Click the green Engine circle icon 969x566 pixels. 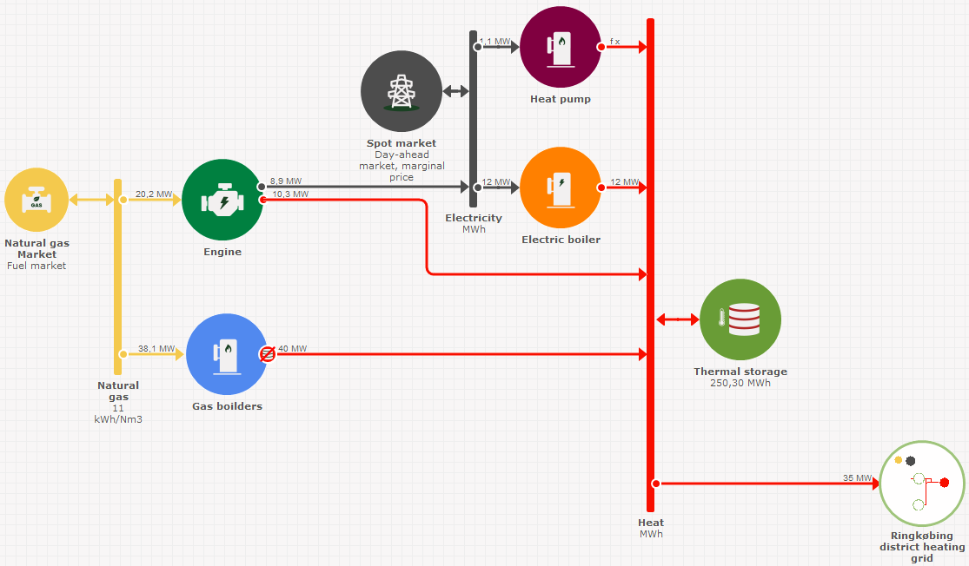(222, 201)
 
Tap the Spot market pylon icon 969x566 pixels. (402, 91)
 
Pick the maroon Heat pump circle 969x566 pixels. (561, 47)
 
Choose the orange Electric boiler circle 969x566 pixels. (561, 188)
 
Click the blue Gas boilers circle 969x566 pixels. (227, 354)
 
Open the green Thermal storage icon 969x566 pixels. (740, 319)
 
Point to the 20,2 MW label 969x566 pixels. (153, 194)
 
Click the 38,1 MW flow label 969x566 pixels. (156, 349)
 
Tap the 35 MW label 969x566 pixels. (857, 478)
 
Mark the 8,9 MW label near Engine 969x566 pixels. (286, 181)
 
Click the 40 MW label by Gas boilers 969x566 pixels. (293, 349)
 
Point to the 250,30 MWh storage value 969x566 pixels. (740, 383)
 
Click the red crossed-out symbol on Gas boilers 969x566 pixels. (268, 353)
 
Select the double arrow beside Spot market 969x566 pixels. (455, 91)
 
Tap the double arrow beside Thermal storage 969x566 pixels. (678, 319)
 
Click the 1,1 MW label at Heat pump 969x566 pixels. (495, 41)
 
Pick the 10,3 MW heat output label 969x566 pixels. (290, 194)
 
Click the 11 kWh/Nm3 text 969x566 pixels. (118, 413)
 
